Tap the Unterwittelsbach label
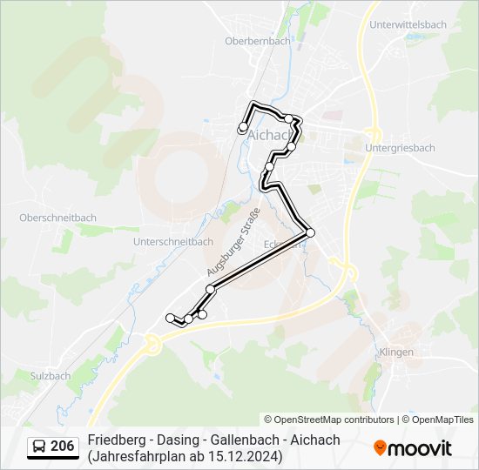click(408, 25)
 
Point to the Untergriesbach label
click(400, 148)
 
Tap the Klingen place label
click(396, 352)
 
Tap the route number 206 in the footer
click(62, 446)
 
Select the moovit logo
click(413, 448)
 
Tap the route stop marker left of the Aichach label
click(243, 129)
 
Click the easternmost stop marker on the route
click(310, 232)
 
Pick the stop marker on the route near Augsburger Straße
click(210, 289)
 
